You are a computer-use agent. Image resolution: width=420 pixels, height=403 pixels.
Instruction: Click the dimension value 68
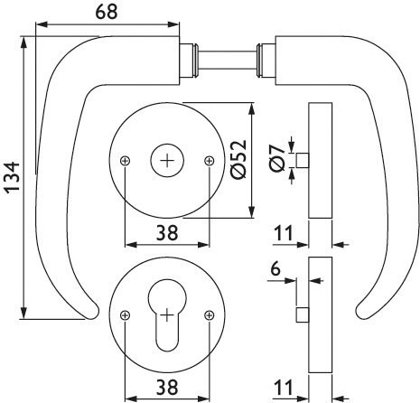pos(107,13)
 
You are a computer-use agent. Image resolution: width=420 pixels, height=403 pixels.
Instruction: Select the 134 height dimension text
pos(13,178)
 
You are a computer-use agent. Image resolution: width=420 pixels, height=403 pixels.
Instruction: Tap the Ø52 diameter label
pos(238,159)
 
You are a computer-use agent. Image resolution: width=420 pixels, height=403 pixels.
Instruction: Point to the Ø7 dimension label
pos(277,157)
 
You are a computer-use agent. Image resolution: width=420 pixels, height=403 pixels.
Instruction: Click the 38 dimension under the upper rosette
pos(167,233)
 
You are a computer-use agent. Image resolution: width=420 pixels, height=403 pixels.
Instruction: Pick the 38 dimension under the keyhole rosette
pos(167,387)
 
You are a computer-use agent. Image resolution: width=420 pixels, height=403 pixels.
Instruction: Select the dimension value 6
pos(275,268)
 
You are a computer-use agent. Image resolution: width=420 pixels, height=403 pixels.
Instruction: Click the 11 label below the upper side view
pos(283,233)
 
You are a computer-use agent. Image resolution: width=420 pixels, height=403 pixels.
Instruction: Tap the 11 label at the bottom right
pos(283,387)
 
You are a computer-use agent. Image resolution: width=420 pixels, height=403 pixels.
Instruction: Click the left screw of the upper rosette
pos(125,161)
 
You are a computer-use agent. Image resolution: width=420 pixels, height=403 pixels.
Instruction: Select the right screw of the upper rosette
pos(209,161)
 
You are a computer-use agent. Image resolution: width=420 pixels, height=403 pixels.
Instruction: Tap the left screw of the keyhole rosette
pos(125,315)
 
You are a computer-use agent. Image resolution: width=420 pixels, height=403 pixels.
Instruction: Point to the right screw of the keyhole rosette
pos(209,315)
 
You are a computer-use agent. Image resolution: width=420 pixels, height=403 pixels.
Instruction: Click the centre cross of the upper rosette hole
pos(167,161)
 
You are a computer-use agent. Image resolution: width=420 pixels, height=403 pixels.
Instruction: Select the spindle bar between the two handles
pos(228,61)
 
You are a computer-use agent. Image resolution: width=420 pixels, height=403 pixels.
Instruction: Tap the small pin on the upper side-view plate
pos(303,160)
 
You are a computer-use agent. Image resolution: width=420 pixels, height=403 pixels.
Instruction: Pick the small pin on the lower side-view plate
pos(303,314)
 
